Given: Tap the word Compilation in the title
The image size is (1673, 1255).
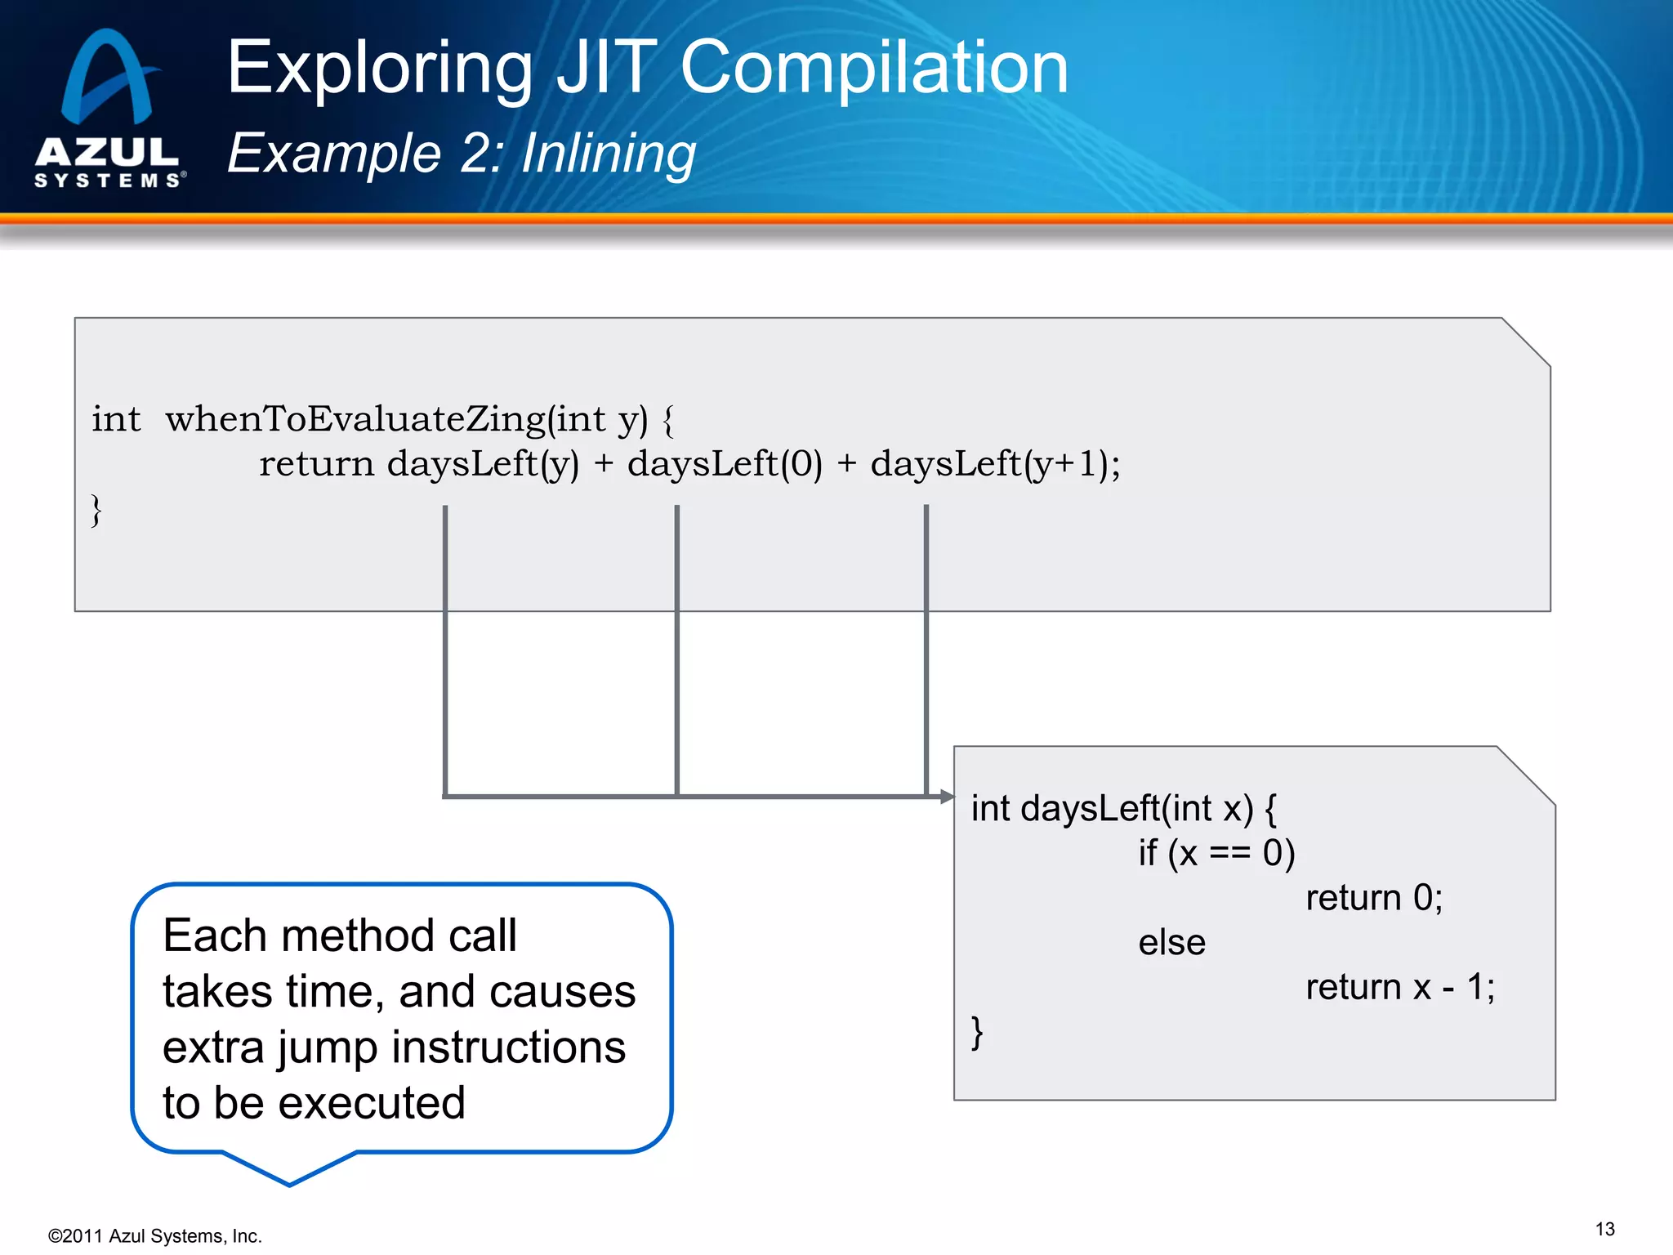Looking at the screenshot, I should pyautogui.click(x=873, y=69).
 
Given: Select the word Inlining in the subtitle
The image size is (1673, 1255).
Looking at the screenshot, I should pyautogui.click(x=608, y=154).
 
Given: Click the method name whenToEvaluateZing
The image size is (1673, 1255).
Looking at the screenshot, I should pyautogui.click(x=354, y=419).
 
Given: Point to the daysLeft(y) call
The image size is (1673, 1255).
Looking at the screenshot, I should pyautogui.click(x=482, y=464).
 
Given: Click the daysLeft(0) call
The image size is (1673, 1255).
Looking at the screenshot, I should pyautogui.click(x=724, y=464).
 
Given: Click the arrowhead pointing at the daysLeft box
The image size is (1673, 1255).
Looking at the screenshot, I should pyautogui.click(x=946, y=796).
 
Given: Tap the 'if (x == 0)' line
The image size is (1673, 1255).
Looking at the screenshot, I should pyautogui.click(x=1216, y=853).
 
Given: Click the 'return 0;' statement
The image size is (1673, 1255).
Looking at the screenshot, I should pyautogui.click(x=1373, y=898).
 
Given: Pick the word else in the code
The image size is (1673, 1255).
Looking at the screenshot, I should pyautogui.click(x=1171, y=943).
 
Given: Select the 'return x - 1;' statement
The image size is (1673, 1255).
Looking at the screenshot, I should pyautogui.click(x=1399, y=988).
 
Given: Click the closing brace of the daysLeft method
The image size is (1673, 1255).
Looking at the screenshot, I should pyautogui.click(x=977, y=1032).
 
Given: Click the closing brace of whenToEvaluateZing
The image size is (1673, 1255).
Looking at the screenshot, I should pyautogui.click(x=96, y=511).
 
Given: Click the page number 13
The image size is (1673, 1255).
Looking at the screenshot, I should pyautogui.click(x=1604, y=1229).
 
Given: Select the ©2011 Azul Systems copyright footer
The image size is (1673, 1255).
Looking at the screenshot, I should pyautogui.click(x=154, y=1236).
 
